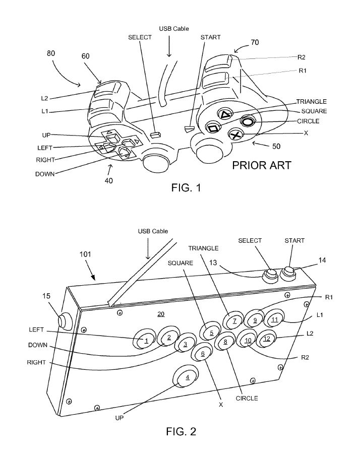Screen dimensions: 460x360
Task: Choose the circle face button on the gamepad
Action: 248,121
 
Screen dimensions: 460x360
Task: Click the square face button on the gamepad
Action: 213,128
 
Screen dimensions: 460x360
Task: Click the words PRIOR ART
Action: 261,165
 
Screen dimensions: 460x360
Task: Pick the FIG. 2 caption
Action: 181,431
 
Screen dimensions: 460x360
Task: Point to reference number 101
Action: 85,255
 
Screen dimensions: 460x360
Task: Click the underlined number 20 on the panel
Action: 160,314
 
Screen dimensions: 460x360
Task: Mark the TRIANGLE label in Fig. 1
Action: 311,101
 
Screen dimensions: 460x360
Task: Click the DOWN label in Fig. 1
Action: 45,174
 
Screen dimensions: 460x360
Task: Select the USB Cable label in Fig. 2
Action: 153,231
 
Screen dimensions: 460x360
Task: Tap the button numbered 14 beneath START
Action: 289,273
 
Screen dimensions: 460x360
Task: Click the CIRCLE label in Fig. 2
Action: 247,398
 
